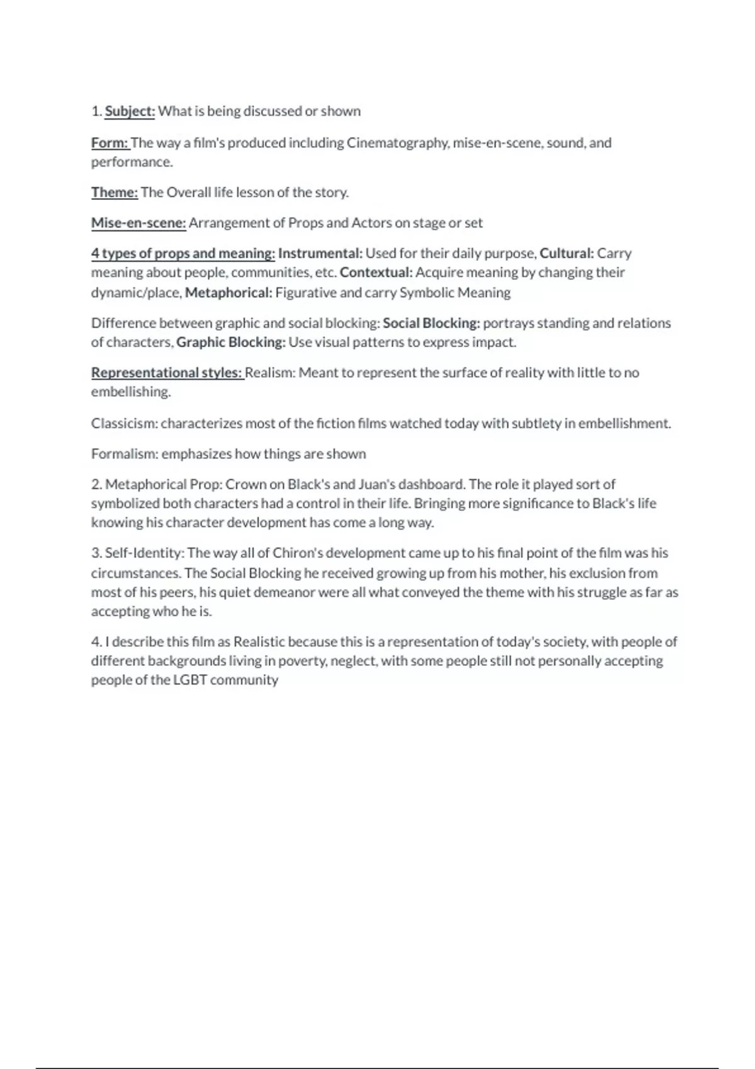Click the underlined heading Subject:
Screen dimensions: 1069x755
click(x=130, y=111)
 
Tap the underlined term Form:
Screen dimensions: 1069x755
click(x=110, y=143)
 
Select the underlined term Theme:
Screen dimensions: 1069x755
click(x=115, y=192)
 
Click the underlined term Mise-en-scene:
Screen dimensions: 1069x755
click(x=138, y=223)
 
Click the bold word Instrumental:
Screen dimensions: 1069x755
click(x=320, y=253)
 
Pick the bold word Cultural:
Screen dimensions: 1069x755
click(x=566, y=253)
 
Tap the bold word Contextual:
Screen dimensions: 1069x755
click(x=376, y=272)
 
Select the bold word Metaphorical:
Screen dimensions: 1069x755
click(x=228, y=292)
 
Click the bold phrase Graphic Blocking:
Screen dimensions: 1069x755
click(x=231, y=342)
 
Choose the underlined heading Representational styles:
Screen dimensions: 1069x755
click(x=167, y=373)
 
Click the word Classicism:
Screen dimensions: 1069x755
click(x=125, y=423)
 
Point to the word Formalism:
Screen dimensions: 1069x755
click(x=125, y=454)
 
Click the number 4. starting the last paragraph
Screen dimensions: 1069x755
click(x=96, y=642)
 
